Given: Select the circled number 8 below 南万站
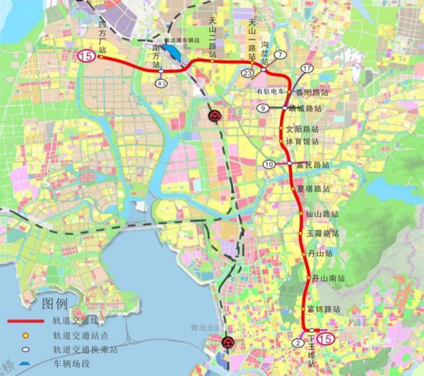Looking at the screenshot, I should [161, 84].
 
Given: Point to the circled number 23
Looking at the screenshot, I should [247, 73].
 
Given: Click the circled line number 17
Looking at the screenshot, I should [306, 68].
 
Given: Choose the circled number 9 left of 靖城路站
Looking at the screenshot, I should [262, 108].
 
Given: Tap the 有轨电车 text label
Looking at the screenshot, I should [271, 92].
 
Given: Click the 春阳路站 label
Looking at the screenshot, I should [312, 92].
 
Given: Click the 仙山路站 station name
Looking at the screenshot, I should [322, 213].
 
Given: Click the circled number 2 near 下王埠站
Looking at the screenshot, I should [298, 343].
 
